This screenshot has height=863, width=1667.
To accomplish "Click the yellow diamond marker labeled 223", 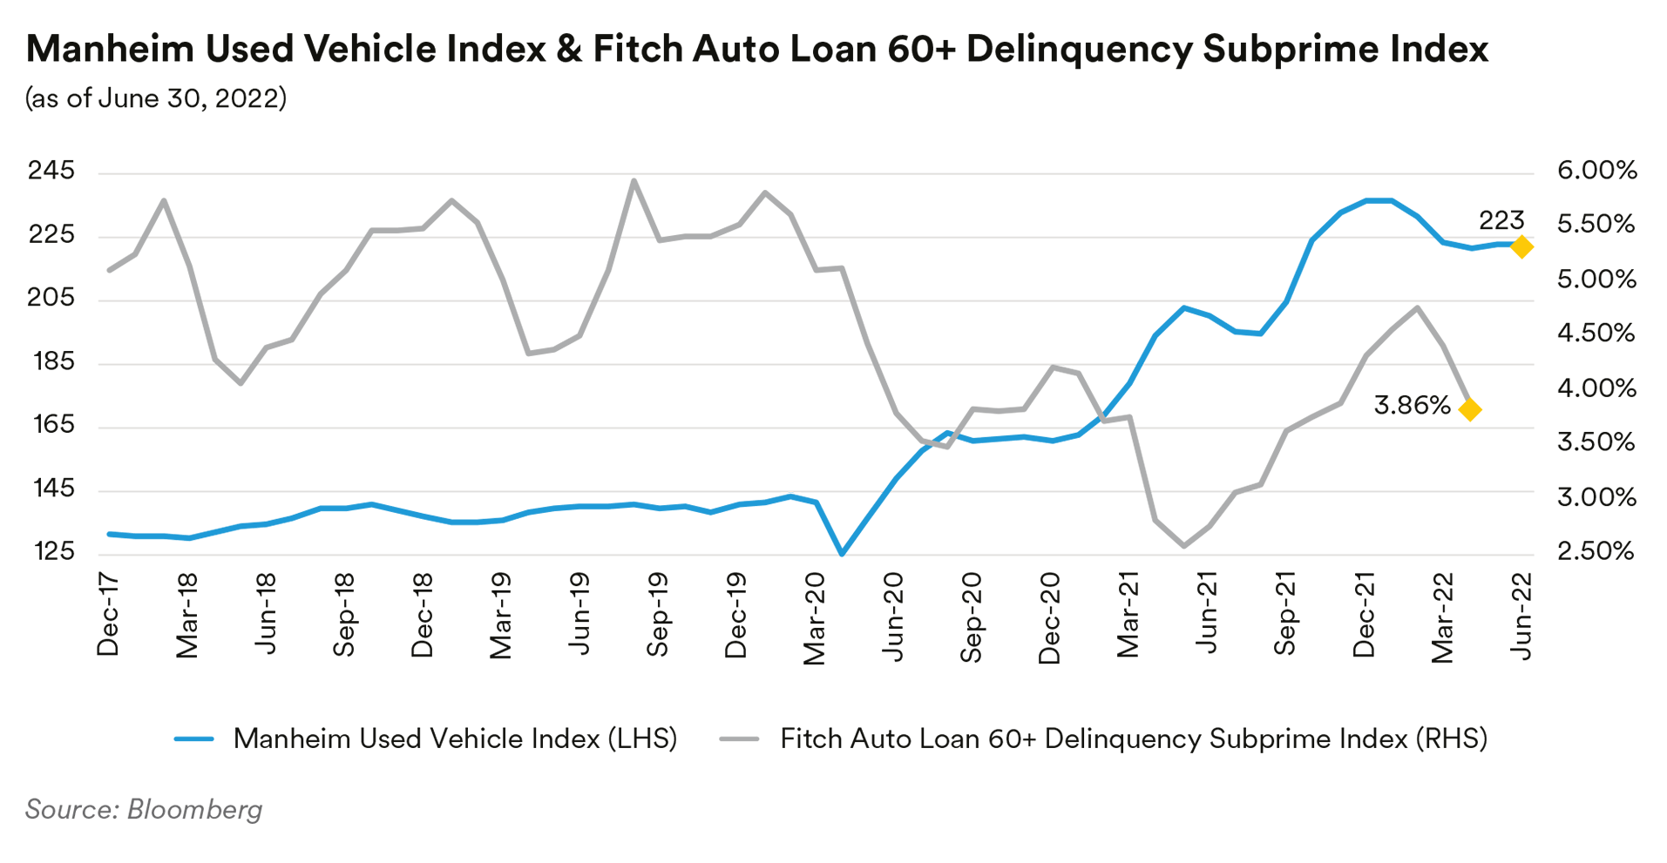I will pos(1521,246).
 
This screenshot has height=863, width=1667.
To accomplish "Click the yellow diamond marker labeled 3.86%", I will pos(1470,409).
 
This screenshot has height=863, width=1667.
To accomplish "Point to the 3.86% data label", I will pos(1412,405).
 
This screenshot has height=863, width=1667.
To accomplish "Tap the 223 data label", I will pos(1501,219).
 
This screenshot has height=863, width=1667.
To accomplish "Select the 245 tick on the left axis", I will pos(51,171).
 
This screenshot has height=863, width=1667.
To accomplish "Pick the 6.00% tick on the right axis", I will pos(1596,171).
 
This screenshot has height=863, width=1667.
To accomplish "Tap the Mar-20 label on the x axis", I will pos(815,618).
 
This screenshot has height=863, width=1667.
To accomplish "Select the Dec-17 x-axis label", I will pos(108,614).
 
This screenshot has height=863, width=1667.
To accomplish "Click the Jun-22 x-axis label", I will pos(1521,616).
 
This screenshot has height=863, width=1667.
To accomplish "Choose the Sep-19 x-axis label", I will pos(658,614).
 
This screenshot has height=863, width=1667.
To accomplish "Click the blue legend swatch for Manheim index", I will pos(193,739).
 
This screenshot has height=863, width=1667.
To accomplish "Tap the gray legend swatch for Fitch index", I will pos(739,739).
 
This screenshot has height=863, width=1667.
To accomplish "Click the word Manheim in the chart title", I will pos(110,49).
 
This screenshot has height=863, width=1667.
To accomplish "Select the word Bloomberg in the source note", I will pos(194,809).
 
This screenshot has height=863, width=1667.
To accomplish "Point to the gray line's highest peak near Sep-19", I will pos(634,181).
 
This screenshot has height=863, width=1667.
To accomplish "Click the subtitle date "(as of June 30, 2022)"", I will pos(156,98).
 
